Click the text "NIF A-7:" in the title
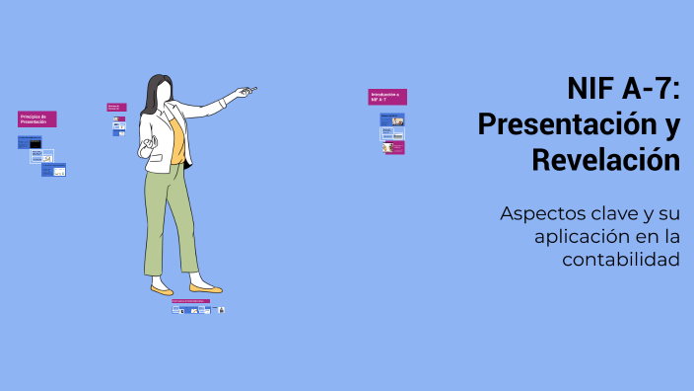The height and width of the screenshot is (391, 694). tap(623, 90)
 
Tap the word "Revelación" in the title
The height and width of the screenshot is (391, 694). tap(605, 159)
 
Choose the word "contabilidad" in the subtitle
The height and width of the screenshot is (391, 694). tap(621, 259)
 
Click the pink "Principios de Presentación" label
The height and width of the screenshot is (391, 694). tap(37, 119)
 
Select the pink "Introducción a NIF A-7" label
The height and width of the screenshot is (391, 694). tap(387, 97)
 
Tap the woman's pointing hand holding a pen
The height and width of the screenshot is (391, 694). tap(243, 93)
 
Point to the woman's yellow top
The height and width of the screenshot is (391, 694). tap(176, 138)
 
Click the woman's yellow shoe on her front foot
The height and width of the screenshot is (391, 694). tap(205, 288)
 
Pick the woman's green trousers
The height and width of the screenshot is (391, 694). tap(173, 212)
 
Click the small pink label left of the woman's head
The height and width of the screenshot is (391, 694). tap(116, 107)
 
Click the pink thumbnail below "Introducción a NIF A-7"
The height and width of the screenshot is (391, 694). tap(392, 148)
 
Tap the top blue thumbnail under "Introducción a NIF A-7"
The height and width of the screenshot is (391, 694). tap(392, 119)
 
